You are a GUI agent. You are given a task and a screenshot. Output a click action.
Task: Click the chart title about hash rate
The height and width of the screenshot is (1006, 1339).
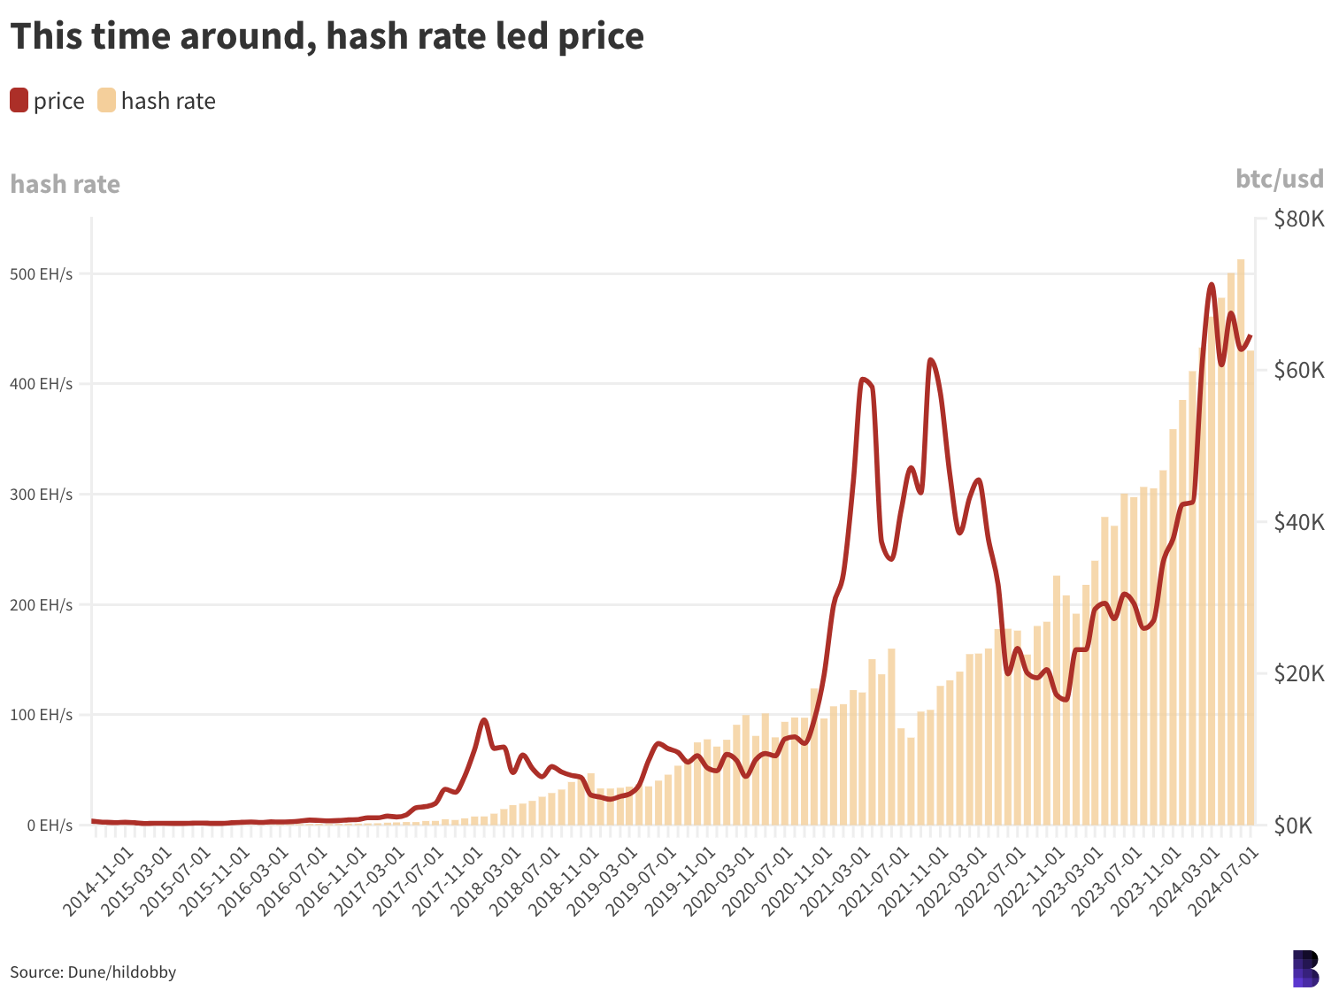click(x=327, y=37)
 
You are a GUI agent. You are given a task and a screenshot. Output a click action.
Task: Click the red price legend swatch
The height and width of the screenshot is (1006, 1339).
click(x=19, y=101)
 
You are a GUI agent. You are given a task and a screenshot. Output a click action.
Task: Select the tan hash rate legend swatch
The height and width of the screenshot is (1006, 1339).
click(x=107, y=101)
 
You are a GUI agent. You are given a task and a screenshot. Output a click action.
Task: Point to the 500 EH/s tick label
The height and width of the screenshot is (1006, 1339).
click(x=42, y=274)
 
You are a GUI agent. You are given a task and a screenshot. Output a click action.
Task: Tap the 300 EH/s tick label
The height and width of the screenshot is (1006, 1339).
click(x=42, y=495)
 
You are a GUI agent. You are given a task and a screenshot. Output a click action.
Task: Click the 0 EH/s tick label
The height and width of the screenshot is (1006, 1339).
click(x=49, y=826)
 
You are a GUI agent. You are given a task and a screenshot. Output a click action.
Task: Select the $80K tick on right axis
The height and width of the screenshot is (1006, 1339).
click(x=1298, y=219)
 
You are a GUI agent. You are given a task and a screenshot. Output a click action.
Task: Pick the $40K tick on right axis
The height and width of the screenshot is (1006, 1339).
click(x=1298, y=522)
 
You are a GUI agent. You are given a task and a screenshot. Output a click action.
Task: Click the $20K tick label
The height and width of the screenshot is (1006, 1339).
click(x=1298, y=674)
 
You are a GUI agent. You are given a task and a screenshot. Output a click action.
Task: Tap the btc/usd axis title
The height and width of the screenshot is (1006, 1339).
click(x=1280, y=180)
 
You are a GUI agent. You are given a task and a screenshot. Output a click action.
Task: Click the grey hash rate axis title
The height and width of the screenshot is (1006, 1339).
click(x=65, y=184)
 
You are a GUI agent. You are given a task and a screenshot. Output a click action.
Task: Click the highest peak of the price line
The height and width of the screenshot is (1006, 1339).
click(x=1212, y=285)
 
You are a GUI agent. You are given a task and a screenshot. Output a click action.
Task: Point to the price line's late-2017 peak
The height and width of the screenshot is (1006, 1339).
click(x=483, y=720)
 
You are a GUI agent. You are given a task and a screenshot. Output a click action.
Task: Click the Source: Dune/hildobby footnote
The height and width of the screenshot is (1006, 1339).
click(x=93, y=972)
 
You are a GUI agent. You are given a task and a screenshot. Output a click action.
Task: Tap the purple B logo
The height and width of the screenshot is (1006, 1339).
click(x=1305, y=969)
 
